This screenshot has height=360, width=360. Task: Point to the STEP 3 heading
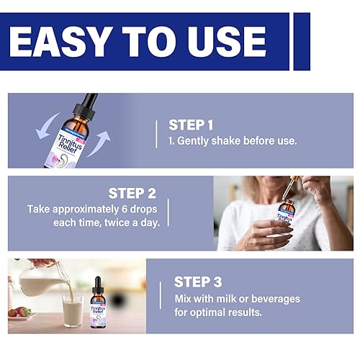pos(202,282)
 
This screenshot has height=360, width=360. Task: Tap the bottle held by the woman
pos(287,218)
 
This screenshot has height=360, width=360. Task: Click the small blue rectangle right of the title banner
pos(302,41)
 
